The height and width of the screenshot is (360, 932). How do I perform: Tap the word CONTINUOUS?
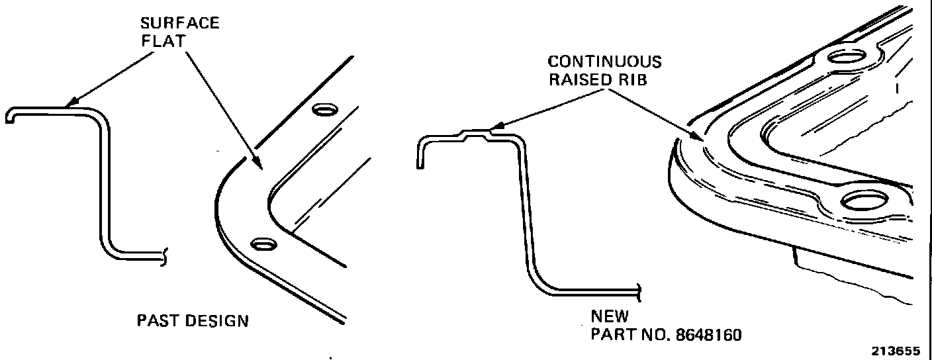tap(604, 62)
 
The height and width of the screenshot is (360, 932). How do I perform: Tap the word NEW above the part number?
tap(610, 316)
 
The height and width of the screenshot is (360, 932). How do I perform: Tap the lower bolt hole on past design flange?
tap(262, 244)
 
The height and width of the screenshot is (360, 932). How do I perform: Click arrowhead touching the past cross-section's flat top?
tap(71, 103)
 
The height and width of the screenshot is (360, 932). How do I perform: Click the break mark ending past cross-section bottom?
tap(163, 255)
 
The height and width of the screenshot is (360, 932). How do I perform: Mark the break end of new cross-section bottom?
tap(639, 291)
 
